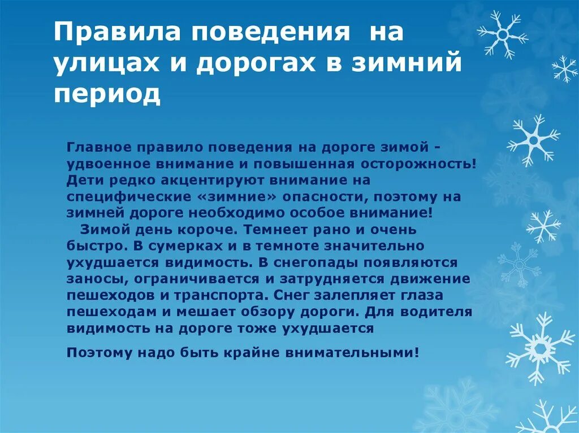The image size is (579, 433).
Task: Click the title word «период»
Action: coord(107,94)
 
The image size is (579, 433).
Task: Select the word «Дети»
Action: coord(83,180)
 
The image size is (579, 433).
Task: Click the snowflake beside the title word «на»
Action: coord(502,34)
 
